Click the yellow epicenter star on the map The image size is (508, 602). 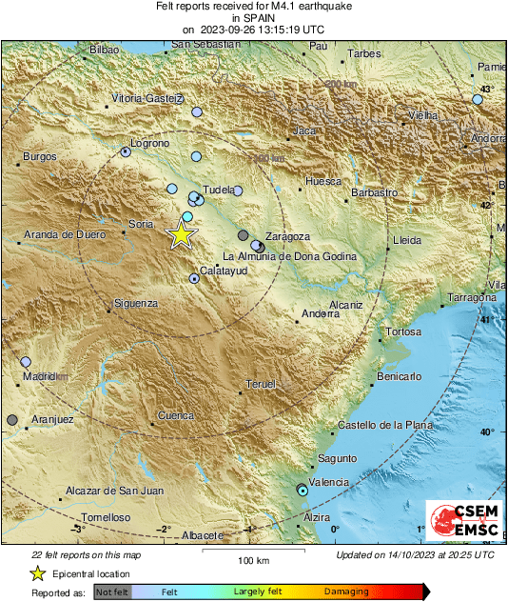click(x=181, y=233)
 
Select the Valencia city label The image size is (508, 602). click(x=329, y=483)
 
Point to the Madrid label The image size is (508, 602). click(x=39, y=376)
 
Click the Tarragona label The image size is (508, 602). click(x=474, y=298)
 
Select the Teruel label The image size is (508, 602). click(x=260, y=383)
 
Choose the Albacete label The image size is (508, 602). click(x=203, y=535)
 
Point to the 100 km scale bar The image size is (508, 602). click(x=253, y=550)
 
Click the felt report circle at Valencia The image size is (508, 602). click(x=303, y=491)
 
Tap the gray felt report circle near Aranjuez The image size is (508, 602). click(x=12, y=420)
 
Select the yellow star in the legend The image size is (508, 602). click(x=37, y=573)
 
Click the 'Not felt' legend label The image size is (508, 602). click(x=113, y=592)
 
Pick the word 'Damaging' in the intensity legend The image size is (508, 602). click(x=346, y=592)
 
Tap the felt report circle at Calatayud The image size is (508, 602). click(x=194, y=279)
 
